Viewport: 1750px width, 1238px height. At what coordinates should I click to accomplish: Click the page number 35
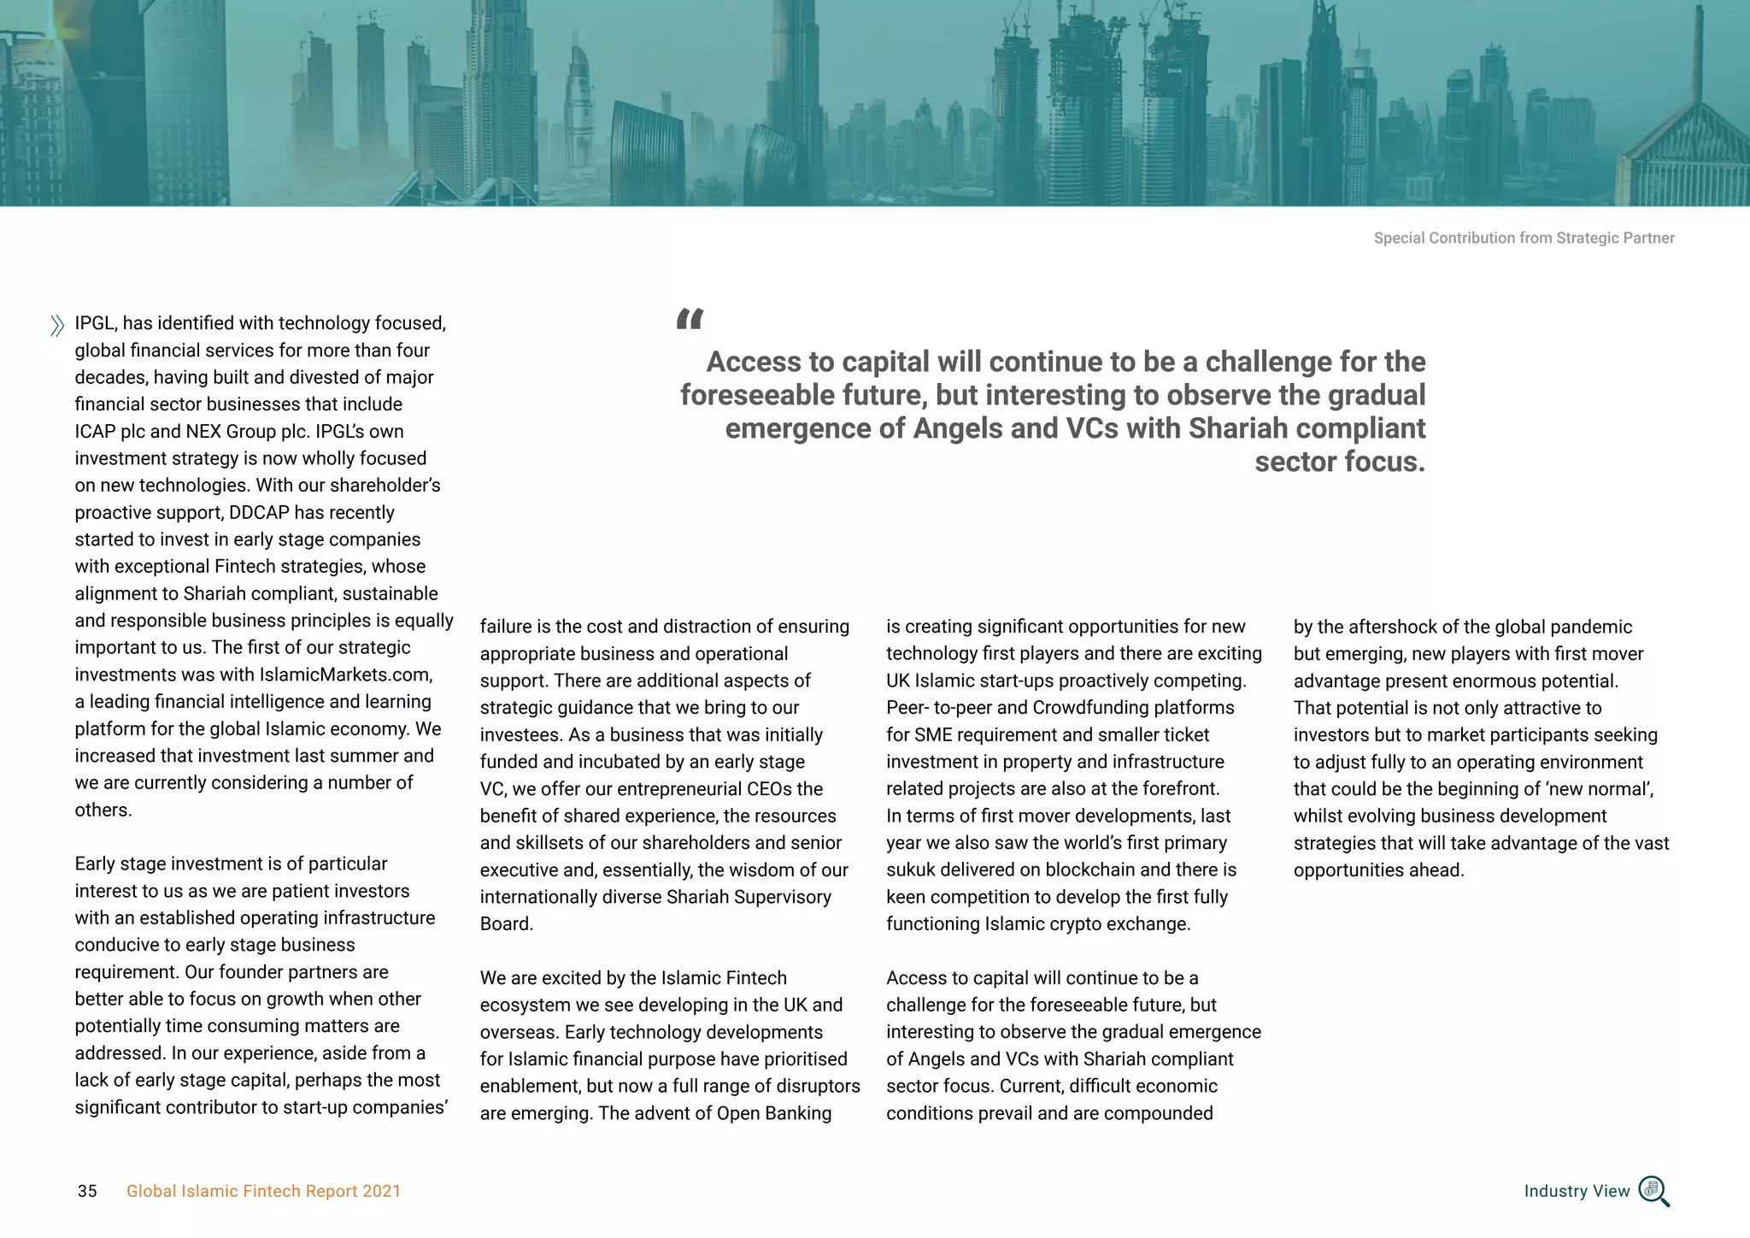point(87,1191)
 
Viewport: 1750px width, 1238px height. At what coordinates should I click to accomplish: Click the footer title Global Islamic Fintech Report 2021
point(263,1191)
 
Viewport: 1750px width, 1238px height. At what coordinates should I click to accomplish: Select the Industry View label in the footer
point(1577,1191)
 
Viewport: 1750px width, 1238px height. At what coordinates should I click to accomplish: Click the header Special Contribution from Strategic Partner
point(1524,238)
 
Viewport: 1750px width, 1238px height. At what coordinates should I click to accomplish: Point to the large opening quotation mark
point(690,320)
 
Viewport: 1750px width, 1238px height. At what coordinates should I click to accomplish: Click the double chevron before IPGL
point(57,326)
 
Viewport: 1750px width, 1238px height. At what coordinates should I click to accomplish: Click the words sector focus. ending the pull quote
point(1339,462)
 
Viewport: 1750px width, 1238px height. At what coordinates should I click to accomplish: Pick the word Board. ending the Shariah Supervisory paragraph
point(506,923)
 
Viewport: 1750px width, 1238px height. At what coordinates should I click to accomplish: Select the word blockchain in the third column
point(1089,870)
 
